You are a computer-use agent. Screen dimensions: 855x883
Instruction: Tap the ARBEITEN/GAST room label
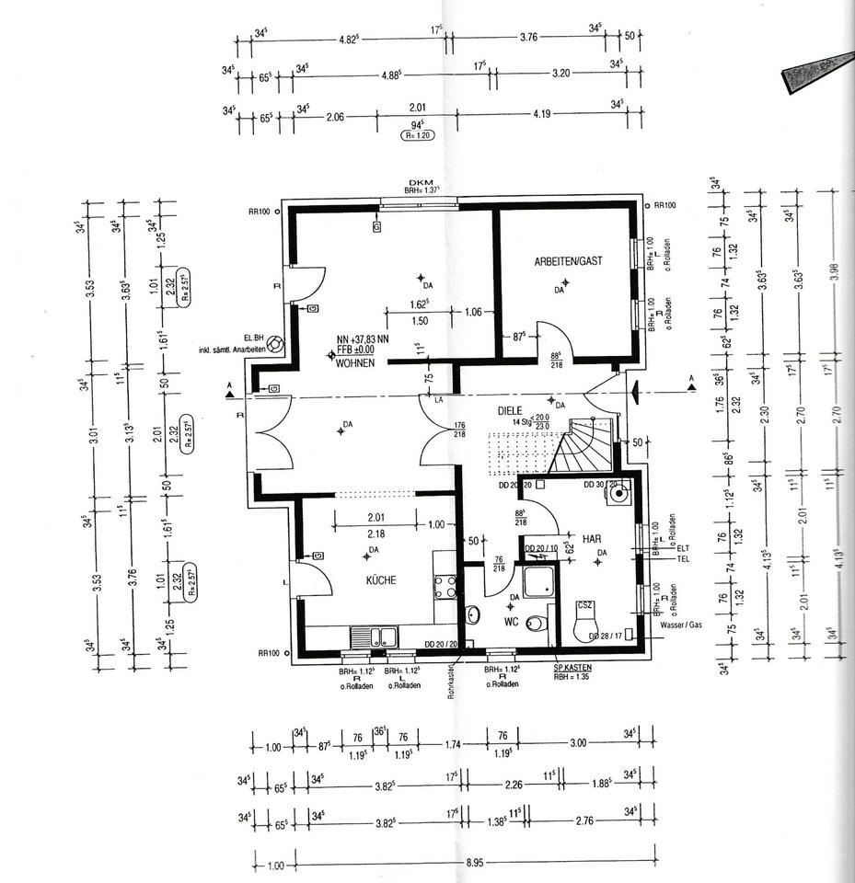[568, 262]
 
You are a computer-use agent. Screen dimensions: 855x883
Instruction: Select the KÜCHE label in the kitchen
[381, 580]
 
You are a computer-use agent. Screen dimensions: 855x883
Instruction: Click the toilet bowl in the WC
[541, 624]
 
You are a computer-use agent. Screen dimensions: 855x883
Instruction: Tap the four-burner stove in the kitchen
[445, 587]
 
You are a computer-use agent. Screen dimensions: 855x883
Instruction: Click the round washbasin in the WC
[474, 614]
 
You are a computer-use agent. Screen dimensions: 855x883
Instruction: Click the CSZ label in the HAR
[584, 606]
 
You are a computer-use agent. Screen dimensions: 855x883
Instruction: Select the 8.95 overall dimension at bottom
[475, 865]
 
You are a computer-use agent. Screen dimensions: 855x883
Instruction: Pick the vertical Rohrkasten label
[453, 682]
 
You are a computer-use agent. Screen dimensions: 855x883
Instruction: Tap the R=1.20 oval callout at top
[417, 134]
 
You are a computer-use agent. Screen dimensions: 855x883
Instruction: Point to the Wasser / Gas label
[680, 625]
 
